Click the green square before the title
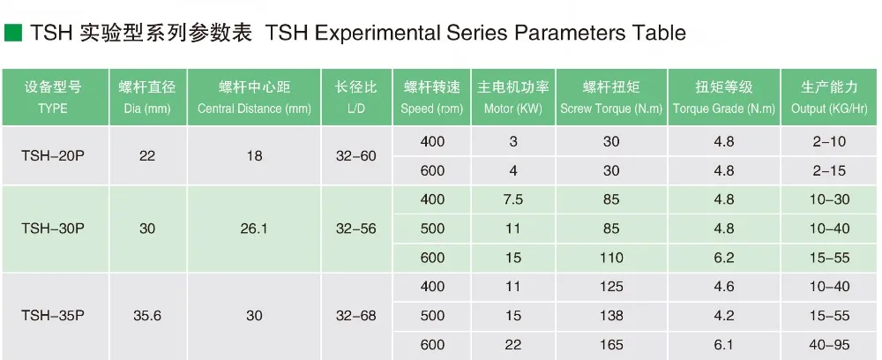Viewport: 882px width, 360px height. pyautogui.click(x=13, y=34)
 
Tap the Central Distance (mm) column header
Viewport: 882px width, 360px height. pyautogui.click(x=254, y=97)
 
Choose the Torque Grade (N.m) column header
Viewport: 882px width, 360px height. pyautogui.click(x=724, y=97)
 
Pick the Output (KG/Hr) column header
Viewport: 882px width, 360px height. pyautogui.click(x=829, y=97)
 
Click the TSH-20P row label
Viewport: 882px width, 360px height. pyautogui.click(x=53, y=156)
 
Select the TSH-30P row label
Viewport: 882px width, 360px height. pyautogui.click(x=53, y=229)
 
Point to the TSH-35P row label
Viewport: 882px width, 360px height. pyautogui.click(x=53, y=316)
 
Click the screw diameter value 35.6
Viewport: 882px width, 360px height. pyautogui.click(x=147, y=316)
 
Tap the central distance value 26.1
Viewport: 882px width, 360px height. pyautogui.click(x=254, y=229)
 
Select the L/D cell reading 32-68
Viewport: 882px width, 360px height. pyautogui.click(x=356, y=316)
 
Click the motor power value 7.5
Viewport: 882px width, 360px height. pyautogui.click(x=513, y=199)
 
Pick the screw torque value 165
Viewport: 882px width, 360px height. pyautogui.click(x=611, y=345)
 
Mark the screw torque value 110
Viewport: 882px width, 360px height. pyautogui.click(x=611, y=258)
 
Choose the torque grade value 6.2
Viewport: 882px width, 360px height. pyautogui.click(x=724, y=258)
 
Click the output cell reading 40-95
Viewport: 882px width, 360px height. pyautogui.click(x=830, y=345)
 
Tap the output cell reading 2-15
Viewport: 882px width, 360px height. pyautogui.click(x=830, y=170)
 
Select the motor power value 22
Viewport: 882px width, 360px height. pyautogui.click(x=513, y=345)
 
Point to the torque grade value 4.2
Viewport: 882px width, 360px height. pyautogui.click(x=724, y=316)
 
